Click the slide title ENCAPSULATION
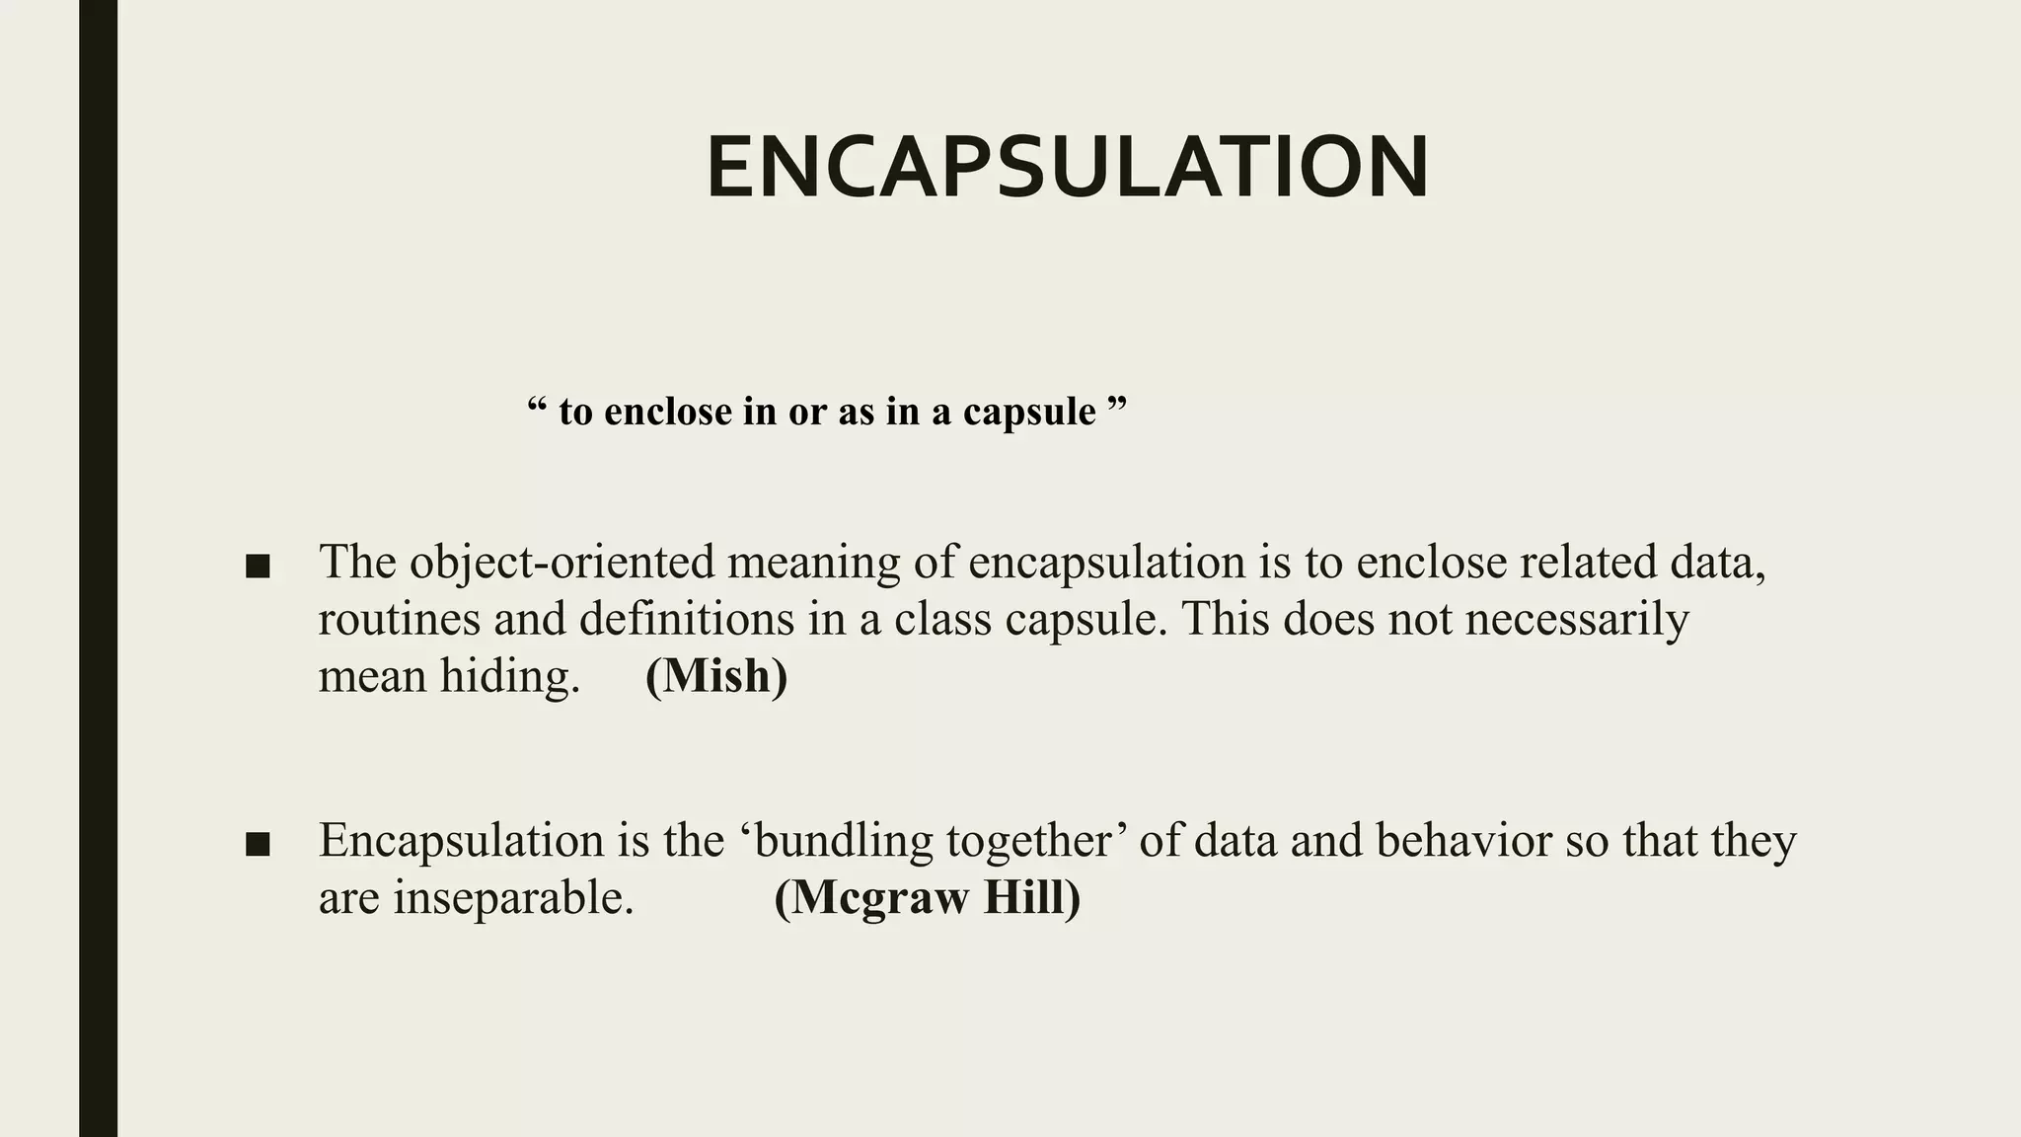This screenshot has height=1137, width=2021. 1068,167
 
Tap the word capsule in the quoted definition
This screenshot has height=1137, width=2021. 1029,412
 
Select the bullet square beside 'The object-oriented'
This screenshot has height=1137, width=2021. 258,567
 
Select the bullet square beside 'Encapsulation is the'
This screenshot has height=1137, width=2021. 258,845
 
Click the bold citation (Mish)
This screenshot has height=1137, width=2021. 716,676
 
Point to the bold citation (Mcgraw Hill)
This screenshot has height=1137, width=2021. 927,898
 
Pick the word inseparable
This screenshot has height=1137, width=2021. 512,898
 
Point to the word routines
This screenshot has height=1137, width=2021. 399,620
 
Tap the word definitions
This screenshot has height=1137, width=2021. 686,620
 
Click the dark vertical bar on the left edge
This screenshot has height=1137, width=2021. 98,568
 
